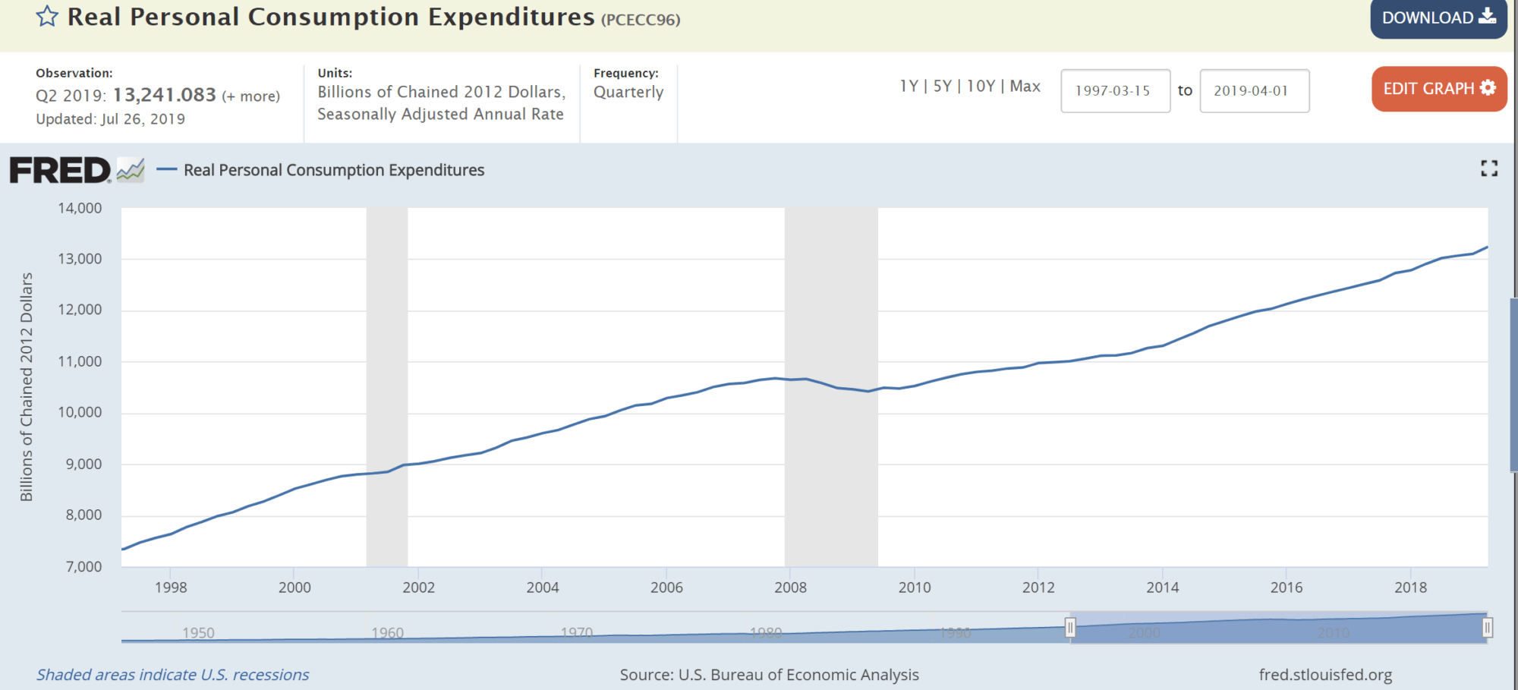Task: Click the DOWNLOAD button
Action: (1438, 17)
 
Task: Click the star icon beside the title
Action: (47, 16)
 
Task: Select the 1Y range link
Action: (909, 87)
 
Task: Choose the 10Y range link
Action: (981, 87)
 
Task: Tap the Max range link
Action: (1025, 87)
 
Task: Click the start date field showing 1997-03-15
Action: (1114, 91)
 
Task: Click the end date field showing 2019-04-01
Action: (1253, 91)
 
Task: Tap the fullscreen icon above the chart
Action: (1488, 169)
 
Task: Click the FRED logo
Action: (61, 170)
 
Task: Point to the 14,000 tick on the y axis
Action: (80, 208)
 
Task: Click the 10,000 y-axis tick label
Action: (80, 412)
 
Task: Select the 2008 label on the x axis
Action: (790, 588)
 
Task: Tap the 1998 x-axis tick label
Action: (171, 588)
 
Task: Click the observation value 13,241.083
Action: (165, 95)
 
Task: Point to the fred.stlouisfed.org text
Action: (1325, 675)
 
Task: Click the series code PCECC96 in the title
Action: (641, 20)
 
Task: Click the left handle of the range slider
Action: (1070, 628)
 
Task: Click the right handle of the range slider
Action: (1487, 628)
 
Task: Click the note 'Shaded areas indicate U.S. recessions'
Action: (173, 675)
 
